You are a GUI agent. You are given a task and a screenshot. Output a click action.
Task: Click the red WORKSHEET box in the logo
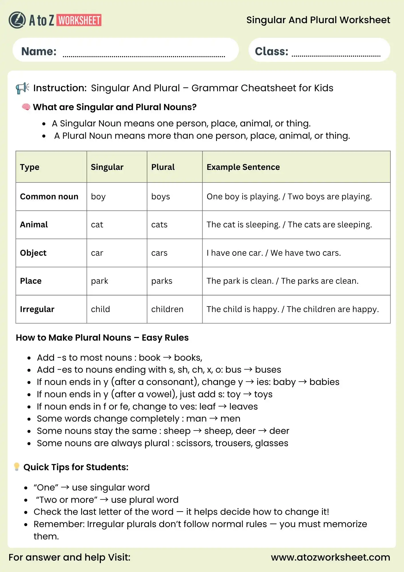click(79, 20)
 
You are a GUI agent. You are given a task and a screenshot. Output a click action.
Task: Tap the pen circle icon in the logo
click(17, 20)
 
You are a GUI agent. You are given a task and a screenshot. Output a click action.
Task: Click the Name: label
click(39, 51)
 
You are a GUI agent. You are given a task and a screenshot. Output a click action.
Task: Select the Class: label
click(271, 51)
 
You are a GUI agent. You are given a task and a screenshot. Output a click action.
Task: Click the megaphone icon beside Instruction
click(22, 88)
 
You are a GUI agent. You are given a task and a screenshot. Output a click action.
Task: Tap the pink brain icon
click(26, 107)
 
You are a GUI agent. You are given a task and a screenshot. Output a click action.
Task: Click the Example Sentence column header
click(243, 167)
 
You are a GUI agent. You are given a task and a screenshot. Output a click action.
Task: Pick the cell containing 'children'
click(167, 309)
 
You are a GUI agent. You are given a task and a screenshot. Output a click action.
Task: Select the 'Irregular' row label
click(37, 309)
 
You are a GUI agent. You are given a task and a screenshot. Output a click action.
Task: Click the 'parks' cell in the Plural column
click(162, 281)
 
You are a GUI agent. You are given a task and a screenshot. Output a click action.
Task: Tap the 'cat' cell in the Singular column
click(97, 225)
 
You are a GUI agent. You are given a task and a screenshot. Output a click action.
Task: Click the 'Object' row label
click(33, 253)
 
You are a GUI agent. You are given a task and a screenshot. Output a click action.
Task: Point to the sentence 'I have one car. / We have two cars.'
click(273, 253)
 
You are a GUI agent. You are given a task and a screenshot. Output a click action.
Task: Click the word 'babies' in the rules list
click(324, 382)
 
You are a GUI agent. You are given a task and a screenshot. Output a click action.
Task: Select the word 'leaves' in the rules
click(243, 406)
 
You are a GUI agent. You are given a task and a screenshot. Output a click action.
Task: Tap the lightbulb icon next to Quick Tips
click(17, 467)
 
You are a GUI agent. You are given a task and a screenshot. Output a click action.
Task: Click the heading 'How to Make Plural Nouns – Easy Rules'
click(102, 338)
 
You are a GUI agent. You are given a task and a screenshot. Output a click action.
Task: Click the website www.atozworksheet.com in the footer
click(330, 557)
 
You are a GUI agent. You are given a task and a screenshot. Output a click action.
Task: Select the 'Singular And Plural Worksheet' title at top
click(318, 20)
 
